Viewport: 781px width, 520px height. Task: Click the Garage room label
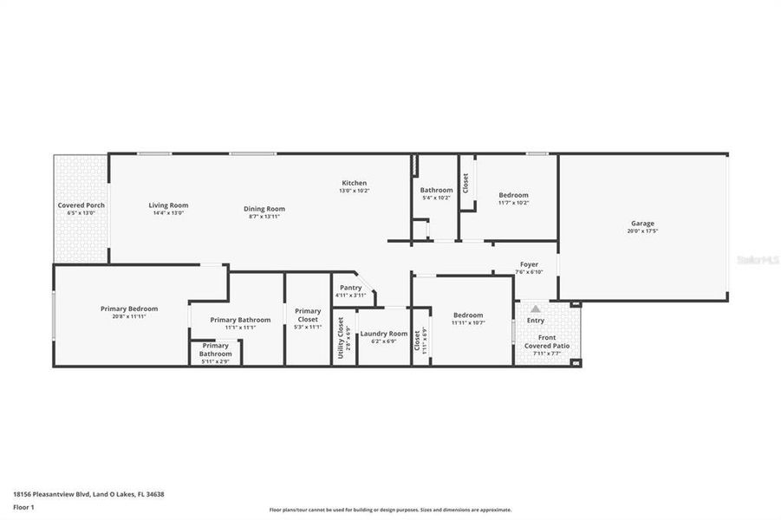642,223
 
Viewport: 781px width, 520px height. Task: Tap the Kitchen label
355,183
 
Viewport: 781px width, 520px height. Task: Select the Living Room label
168,205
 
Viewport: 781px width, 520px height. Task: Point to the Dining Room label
264,208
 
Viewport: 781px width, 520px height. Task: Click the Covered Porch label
81,205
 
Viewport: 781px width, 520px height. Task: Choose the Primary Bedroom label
129,309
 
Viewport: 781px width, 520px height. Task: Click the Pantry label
350,288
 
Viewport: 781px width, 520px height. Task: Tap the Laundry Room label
383,334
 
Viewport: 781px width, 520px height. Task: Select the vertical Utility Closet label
341,337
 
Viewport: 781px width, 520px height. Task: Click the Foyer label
529,264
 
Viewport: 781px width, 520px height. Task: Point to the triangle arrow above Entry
536,309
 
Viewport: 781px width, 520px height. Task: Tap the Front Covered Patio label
547,341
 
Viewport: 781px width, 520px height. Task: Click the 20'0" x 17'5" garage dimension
642,231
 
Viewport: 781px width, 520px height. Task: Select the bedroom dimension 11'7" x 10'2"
513,203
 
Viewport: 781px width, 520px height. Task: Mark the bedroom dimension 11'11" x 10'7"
468,322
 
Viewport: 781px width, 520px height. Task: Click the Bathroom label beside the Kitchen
436,190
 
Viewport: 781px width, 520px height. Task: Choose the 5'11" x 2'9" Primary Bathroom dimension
216,361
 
